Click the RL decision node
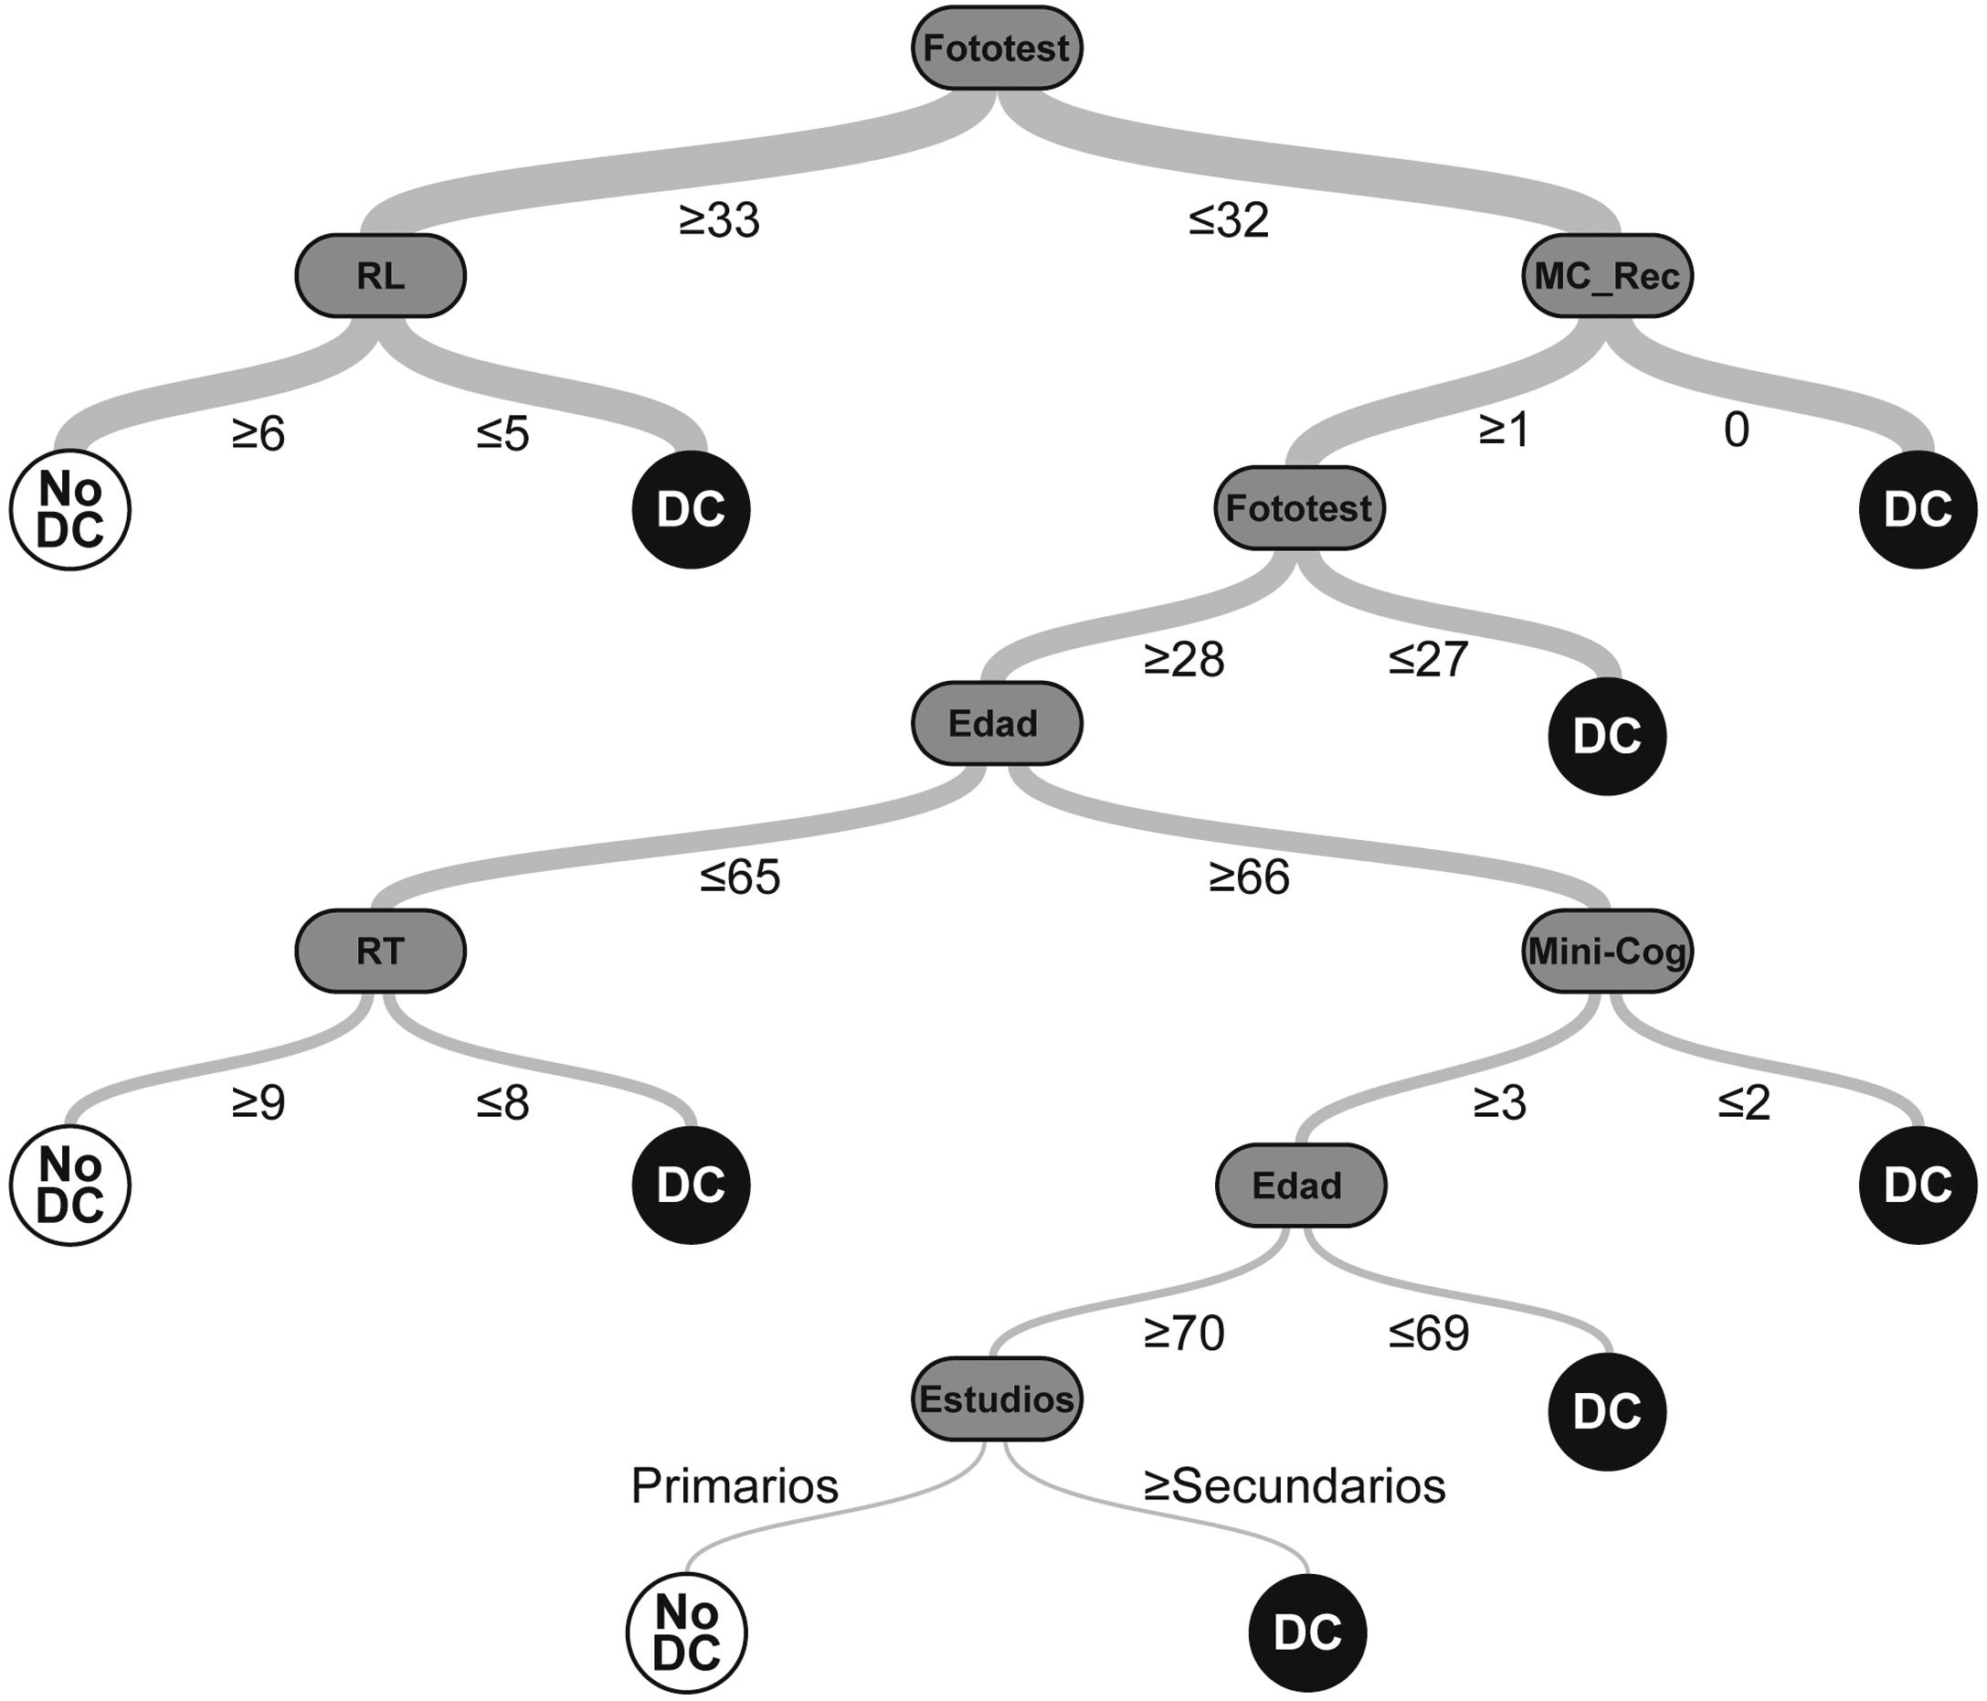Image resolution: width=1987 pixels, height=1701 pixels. click(x=380, y=275)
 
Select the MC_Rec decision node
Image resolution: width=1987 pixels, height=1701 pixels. click(x=1606, y=275)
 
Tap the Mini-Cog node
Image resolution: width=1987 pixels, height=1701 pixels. click(x=1606, y=951)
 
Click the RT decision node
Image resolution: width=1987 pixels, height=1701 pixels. click(x=380, y=951)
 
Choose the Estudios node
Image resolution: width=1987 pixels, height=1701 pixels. click(x=996, y=1398)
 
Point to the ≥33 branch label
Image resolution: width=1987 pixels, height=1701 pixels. click(x=719, y=220)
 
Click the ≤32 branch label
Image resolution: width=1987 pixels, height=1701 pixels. click(x=1229, y=220)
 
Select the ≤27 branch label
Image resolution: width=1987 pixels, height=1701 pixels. click(x=1428, y=659)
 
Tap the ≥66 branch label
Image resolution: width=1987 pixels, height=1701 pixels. click(x=1249, y=877)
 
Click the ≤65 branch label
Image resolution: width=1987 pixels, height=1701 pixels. click(x=739, y=877)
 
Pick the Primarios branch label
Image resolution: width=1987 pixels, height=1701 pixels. click(x=734, y=1486)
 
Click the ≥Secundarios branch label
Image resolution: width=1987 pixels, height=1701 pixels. click(x=1295, y=1486)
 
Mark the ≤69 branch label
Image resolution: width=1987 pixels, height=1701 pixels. click(x=1428, y=1333)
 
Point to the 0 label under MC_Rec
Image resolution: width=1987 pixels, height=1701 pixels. click(x=1736, y=431)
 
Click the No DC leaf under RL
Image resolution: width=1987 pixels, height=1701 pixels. click(x=70, y=509)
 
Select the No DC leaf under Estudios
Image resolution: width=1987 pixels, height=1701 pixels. click(x=686, y=1632)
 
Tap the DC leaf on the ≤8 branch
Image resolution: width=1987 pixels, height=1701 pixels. click(x=691, y=1185)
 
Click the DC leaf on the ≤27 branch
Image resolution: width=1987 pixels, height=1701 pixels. click(x=1607, y=736)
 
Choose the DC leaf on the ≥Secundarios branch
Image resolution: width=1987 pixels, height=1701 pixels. click(x=1307, y=1632)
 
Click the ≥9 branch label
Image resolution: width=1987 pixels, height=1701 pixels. click(x=258, y=1103)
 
